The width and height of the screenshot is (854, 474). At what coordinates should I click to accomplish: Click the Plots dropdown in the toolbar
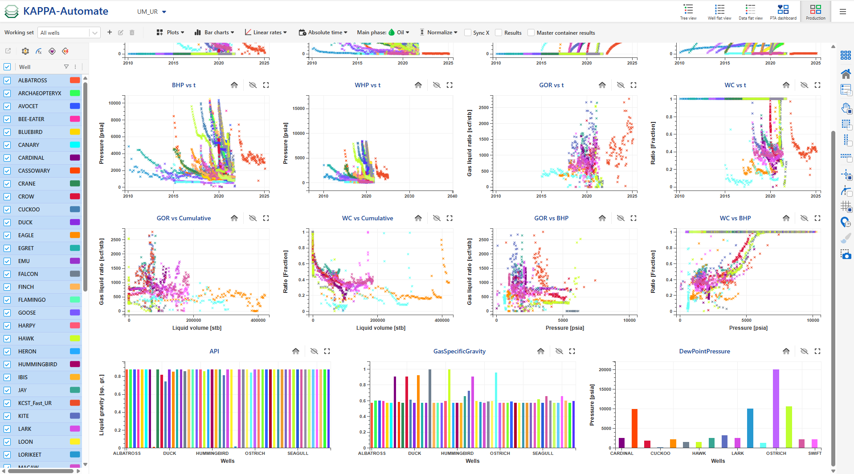(170, 32)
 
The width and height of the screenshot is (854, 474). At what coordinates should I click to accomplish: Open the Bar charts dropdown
(214, 32)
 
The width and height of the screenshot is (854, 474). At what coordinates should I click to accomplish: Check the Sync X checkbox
(468, 33)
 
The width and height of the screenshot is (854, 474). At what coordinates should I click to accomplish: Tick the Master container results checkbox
(531, 33)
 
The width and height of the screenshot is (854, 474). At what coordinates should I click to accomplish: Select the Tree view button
(688, 12)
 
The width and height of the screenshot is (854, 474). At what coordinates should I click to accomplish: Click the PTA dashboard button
(783, 12)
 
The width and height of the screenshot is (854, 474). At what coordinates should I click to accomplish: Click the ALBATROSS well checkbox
(7, 81)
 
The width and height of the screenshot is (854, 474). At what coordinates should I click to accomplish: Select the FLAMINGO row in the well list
(32, 300)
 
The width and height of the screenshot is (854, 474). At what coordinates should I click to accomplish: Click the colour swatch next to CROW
(75, 197)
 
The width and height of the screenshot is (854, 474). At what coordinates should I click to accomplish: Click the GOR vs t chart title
(551, 85)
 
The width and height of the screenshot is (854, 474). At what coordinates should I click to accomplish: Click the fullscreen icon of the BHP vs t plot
(266, 85)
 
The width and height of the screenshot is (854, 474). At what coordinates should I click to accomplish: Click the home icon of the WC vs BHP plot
(786, 218)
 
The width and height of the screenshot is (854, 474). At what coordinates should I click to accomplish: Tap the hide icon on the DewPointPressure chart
(804, 351)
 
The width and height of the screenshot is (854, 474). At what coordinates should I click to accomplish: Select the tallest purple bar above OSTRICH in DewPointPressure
(776, 408)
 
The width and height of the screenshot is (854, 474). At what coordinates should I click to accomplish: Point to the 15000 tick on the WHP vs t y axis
(298, 109)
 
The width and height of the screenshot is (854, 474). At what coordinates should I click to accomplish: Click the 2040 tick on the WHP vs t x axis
(452, 196)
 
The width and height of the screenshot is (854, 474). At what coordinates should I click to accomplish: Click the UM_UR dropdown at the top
(151, 12)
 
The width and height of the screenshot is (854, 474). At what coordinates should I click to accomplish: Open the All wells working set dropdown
(94, 33)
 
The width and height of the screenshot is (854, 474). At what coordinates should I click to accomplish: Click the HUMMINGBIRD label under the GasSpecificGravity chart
(457, 454)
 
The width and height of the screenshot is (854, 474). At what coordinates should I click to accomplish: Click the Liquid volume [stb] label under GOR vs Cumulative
(197, 328)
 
